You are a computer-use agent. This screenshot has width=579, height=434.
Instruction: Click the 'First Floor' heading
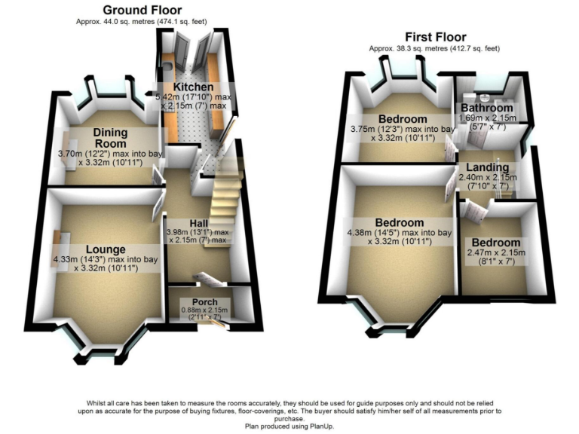pyautogui.click(x=435, y=36)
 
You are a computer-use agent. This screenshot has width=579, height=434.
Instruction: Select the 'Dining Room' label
pyautogui.click(x=110, y=138)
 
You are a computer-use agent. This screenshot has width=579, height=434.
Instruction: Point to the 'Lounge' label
pyautogui.click(x=106, y=249)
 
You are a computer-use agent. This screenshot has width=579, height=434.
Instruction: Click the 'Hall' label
pyautogui.click(x=199, y=224)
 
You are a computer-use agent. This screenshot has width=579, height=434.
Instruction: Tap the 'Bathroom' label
pyautogui.click(x=487, y=108)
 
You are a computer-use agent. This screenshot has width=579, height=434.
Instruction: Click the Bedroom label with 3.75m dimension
pyautogui.click(x=403, y=119)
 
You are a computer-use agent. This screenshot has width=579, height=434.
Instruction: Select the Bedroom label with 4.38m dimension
pyautogui.click(x=399, y=222)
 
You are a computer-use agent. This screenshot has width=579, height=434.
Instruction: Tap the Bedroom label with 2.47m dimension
pyautogui.click(x=495, y=242)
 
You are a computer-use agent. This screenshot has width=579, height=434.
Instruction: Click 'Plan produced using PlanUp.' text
pyautogui.click(x=289, y=426)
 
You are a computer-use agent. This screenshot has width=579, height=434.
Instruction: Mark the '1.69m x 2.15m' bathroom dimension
pyautogui.click(x=488, y=118)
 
